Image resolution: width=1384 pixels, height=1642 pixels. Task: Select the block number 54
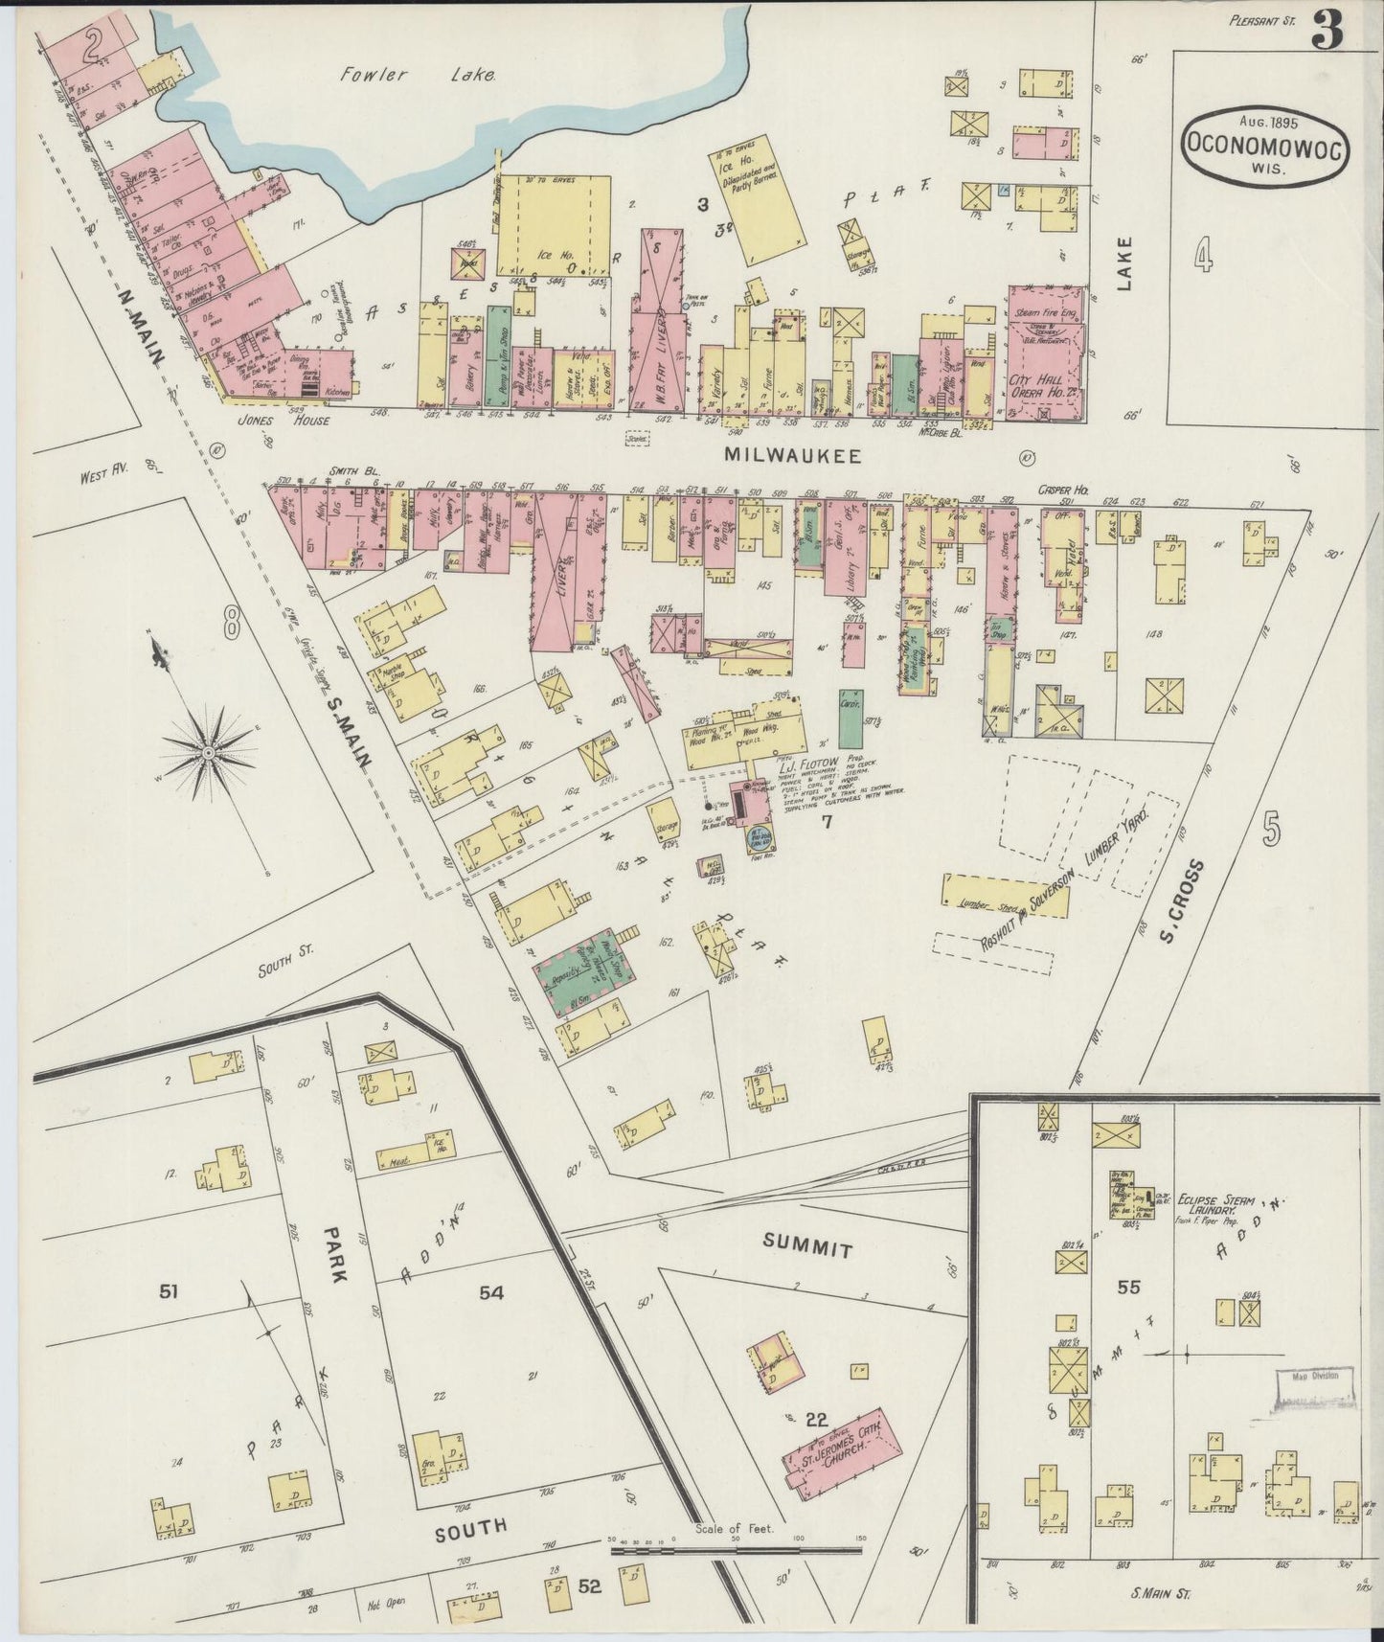pyautogui.click(x=491, y=1293)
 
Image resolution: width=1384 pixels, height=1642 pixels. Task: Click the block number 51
pyautogui.click(x=170, y=1293)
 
